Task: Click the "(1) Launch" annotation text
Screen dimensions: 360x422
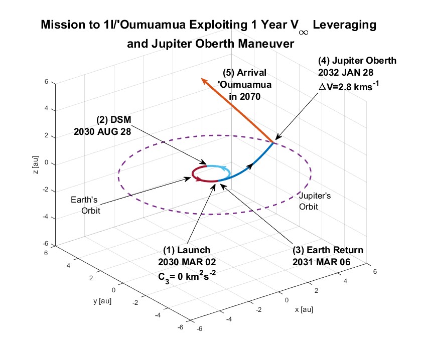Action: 187,250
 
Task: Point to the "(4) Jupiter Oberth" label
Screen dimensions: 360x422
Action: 357,61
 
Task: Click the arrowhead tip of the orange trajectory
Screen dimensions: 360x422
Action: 202,79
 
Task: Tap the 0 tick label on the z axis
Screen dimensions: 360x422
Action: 47,163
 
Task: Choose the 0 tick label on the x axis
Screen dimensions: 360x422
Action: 287,299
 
